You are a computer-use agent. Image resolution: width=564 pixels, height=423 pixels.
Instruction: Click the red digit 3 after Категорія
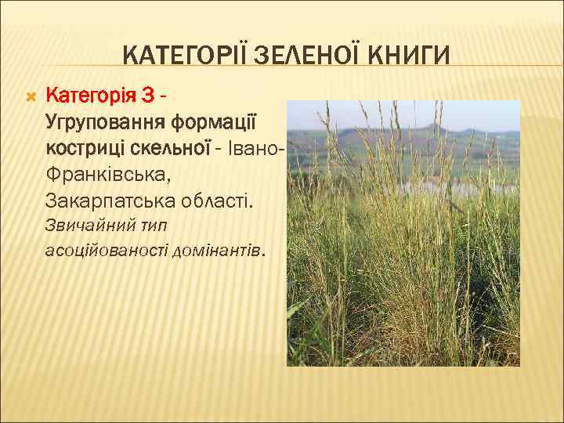pyautogui.click(x=148, y=96)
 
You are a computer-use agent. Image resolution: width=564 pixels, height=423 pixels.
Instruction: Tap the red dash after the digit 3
pyautogui.click(x=161, y=97)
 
